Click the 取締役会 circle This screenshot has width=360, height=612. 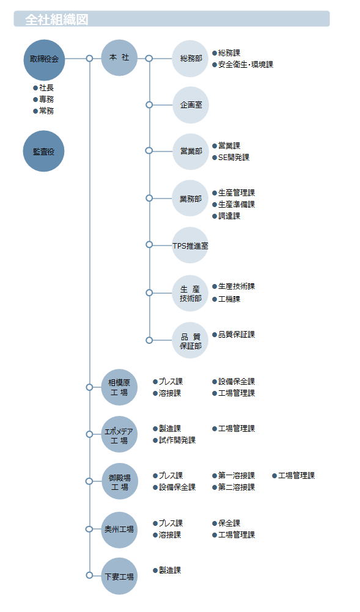coord(44,59)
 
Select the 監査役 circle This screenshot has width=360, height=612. coord(44,151)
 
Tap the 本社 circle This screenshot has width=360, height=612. coord(119,58)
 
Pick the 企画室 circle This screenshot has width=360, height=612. coord(191,105)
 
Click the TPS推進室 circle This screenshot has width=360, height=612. coord(191,246)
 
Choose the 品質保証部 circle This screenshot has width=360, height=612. coord(191,341)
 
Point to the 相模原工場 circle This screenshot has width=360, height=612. coord(119,387)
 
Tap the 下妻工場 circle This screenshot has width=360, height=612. coord(119,576)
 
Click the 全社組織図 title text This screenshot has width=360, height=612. coord(57,20)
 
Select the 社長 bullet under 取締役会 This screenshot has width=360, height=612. coord(43,88)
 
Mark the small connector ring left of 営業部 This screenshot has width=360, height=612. coord(149,151)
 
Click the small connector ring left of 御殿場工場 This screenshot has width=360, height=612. coord(89,481)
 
